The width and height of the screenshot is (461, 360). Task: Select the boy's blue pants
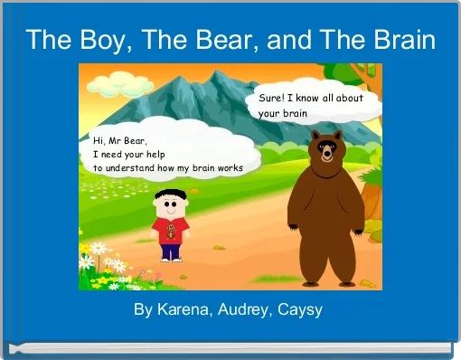169,250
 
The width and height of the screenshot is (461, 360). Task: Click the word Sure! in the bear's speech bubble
272,98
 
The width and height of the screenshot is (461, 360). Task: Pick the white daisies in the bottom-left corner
100,263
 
